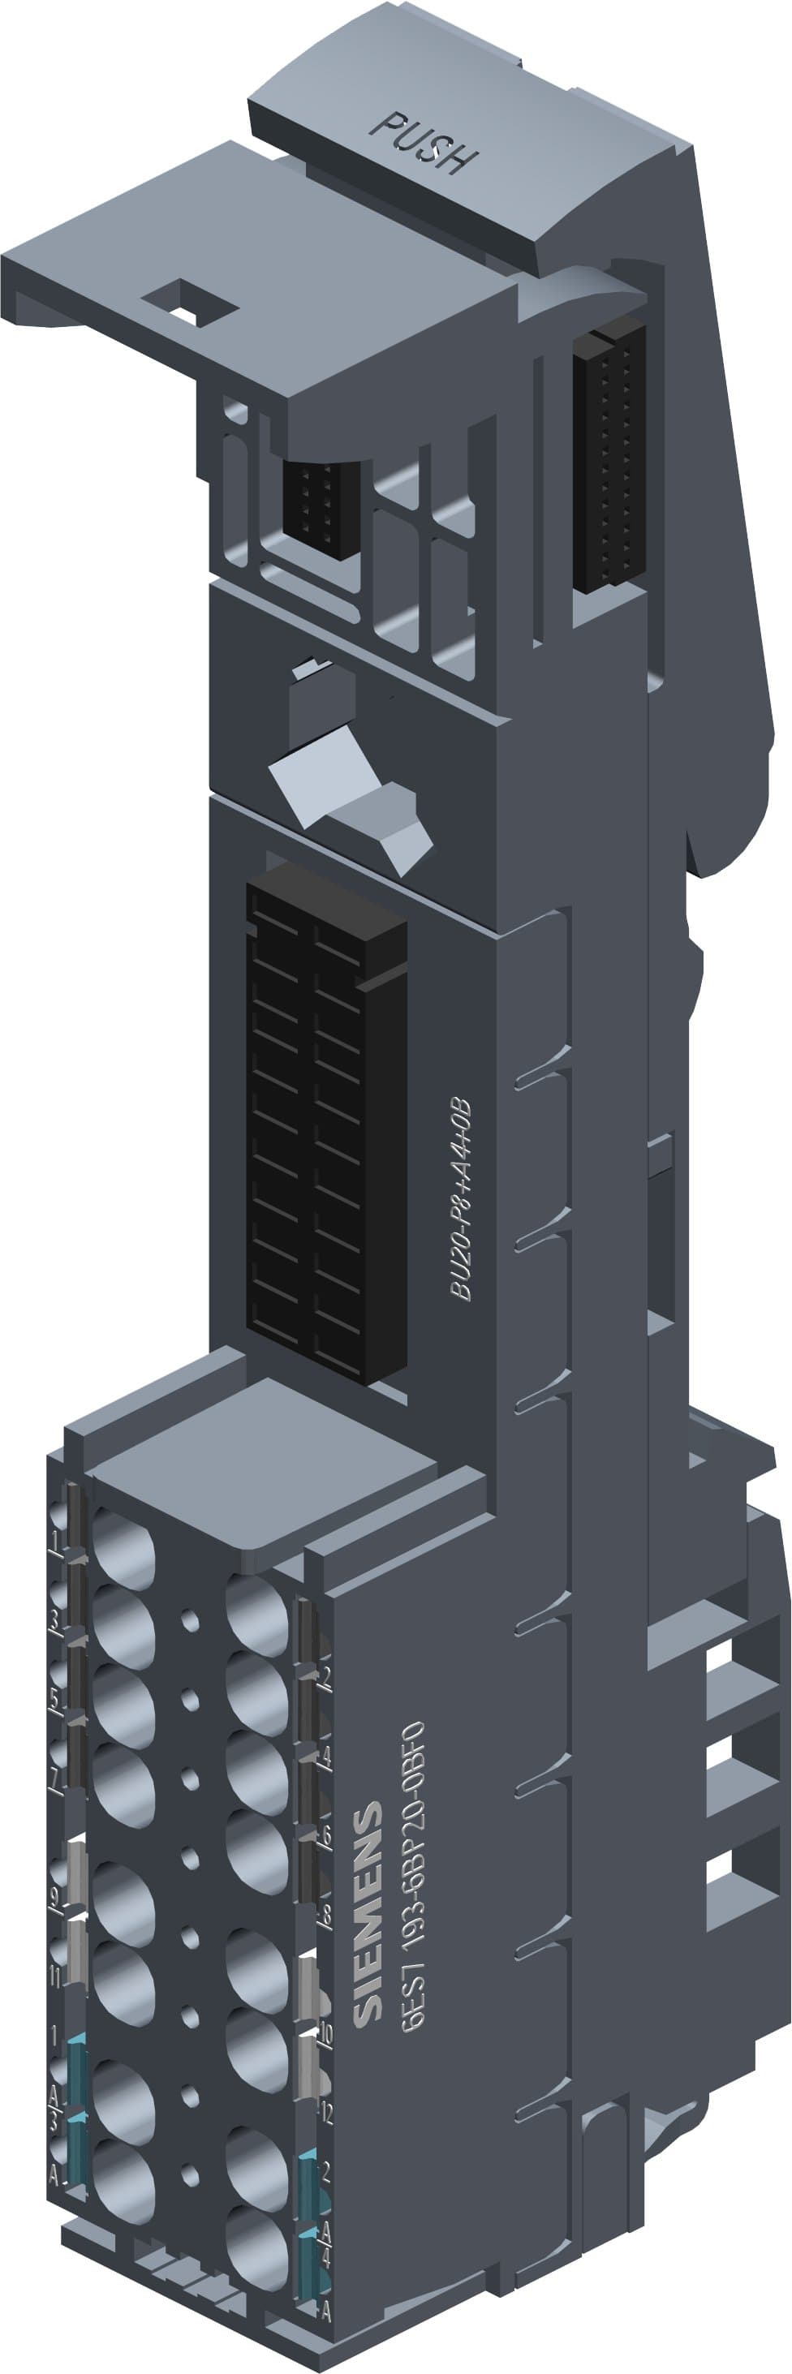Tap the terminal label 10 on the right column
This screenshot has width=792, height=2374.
tap(325, 2036)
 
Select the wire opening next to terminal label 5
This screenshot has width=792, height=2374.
tap(123, 1705)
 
